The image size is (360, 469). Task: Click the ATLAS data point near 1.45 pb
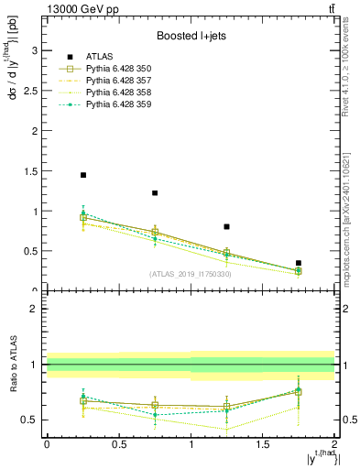[83, 175]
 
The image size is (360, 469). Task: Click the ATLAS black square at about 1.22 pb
[155, 193]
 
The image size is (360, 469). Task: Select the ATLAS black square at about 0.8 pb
[226, 226]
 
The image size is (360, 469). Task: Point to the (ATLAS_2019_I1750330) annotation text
[190, 274]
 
